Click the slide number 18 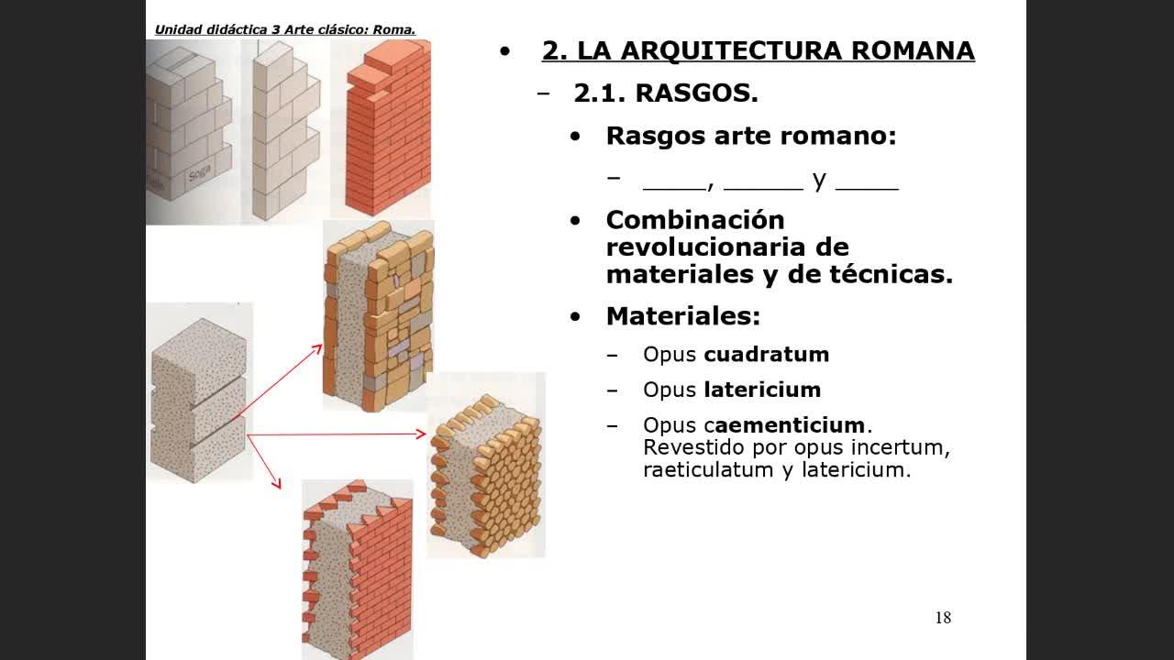click(943, 618)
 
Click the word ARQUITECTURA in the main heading click(732, 50)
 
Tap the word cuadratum click(766, 355)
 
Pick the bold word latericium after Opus click(762, 390)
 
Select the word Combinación click(695, 220)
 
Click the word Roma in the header click(393, 30)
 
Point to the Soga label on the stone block click(200, 173)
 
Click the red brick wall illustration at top click(388, 127)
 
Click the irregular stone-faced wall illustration click(379, 316)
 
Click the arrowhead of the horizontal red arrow click(421, 434)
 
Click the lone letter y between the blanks click(819, 181)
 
